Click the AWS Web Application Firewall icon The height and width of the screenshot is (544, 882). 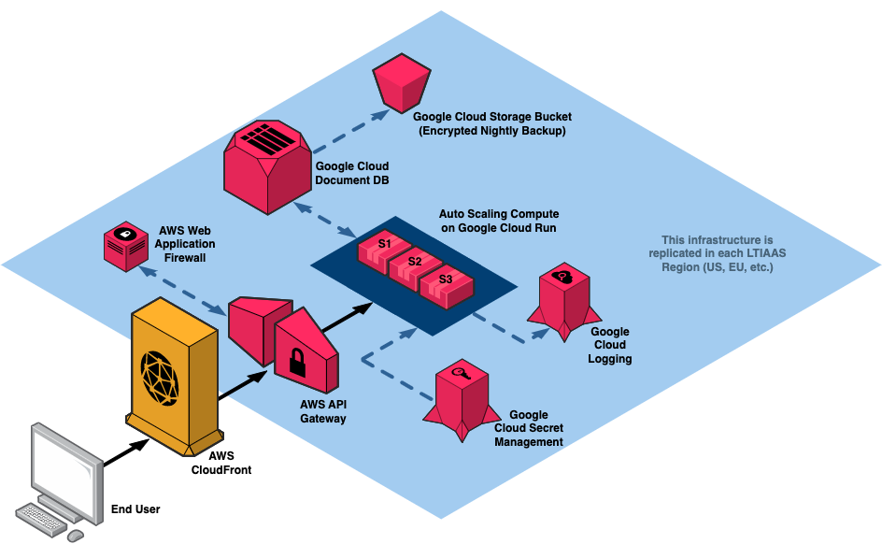click(124, 246)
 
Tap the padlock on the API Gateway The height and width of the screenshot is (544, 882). click(298, 361)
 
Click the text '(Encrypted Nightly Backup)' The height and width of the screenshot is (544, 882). click(491, 131)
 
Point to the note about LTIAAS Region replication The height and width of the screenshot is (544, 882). click(717, 254)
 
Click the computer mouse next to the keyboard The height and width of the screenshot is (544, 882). click(75, 534)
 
